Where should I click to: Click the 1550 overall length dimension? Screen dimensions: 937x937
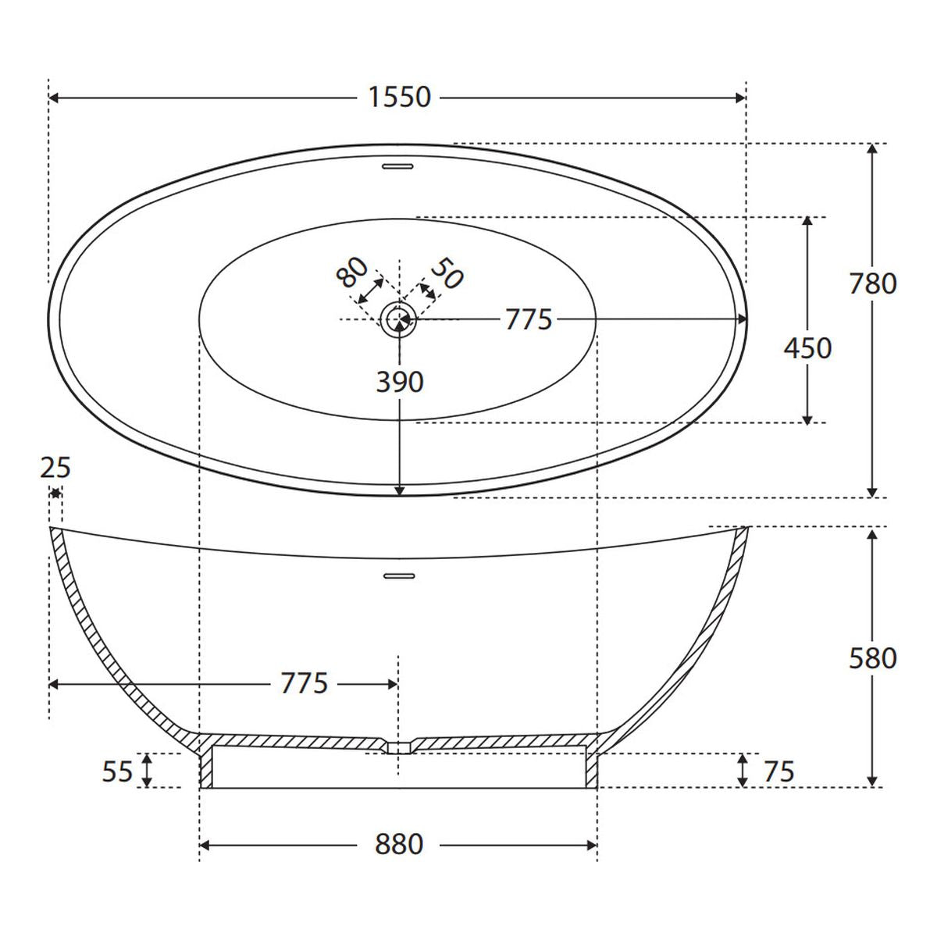coord(399,98)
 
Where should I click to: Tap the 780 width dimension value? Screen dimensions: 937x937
coord(872,283)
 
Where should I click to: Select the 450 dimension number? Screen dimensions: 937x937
coord(807,348)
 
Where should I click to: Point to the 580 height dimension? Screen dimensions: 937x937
coord(872,659)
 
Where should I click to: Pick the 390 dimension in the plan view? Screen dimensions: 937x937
coord(400,382)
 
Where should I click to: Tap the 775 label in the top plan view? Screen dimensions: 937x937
coord(529,319)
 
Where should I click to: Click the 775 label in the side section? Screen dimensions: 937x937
coord(305,683)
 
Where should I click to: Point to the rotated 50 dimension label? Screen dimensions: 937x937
coord(447,274)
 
